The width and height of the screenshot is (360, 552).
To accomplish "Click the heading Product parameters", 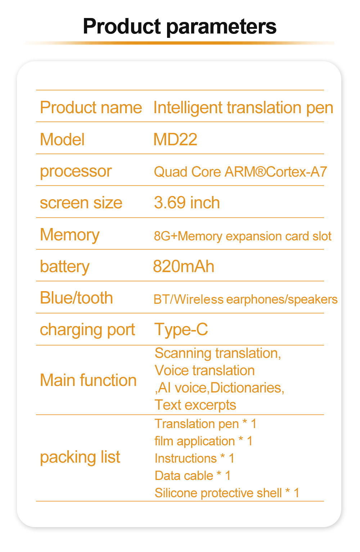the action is click(x=180, y=27).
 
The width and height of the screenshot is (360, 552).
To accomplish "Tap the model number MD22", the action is click(x=175, y=139).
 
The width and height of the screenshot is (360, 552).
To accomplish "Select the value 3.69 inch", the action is click(x=187, y=202).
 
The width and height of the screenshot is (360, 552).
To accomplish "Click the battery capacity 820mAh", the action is click(x=184, y=267).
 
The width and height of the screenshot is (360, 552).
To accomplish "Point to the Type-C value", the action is click(x=181, y=329).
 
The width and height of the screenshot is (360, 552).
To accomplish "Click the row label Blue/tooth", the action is click(x=76, y=298).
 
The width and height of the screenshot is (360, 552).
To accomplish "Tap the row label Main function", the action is click(x=88, y=380).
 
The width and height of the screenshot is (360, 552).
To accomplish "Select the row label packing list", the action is click(x=80, y=457).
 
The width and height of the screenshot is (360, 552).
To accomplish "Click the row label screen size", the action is click(x=81, y=203).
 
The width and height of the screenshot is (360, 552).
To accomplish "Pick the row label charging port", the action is click(x=87, y=330).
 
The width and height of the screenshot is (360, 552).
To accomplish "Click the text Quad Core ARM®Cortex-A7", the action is click(x=240, y=172).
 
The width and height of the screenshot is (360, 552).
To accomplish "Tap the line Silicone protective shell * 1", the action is click(x=227, y=493).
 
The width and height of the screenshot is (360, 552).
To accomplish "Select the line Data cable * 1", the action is click(x=193, y=476).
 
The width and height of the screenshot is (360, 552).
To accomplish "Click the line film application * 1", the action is click(x=203, y=441).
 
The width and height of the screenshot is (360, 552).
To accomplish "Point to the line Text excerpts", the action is click(x=195, y=405).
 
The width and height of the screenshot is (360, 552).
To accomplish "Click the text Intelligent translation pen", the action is click(x=243, y=108).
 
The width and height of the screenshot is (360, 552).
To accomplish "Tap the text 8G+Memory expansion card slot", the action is click(x=243, y=236).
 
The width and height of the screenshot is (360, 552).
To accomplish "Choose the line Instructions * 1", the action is click(x=194, y=458).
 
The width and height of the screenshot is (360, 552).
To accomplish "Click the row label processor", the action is click(x=76, y=172).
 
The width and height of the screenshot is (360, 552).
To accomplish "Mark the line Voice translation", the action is click(x=205, y=370).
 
